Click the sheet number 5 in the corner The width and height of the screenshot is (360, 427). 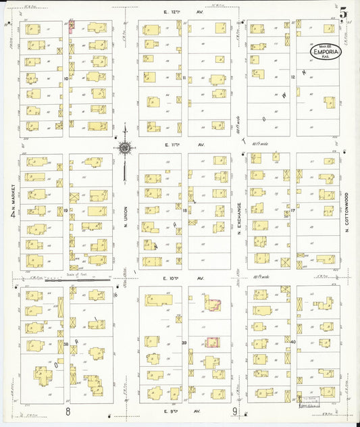344,11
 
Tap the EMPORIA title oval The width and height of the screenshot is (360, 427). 326,51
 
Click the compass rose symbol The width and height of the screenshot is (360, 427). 125,147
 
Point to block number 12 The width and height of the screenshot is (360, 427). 293,78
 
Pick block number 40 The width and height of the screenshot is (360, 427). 293,343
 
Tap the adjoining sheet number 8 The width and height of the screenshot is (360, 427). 68,411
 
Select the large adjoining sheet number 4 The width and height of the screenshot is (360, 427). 12,215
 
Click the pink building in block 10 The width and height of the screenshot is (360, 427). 72,26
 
